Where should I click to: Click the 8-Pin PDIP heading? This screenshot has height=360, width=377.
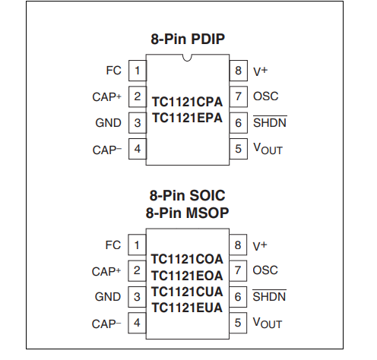[x=188, y=39]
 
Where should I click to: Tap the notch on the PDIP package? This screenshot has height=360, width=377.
[x=187, y=58]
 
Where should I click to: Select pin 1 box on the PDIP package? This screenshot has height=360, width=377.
[x=138, y=71]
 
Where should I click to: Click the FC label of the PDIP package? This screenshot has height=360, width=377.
[x=113, y=71]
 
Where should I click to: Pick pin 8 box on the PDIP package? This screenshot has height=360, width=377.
[x=239, y=71]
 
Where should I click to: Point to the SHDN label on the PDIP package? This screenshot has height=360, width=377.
[x=270, y=122]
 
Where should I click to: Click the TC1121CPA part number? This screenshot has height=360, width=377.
[x=187, y=102]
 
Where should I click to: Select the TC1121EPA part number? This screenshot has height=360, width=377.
[x=187, y=118]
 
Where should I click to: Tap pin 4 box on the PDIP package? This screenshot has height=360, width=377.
[x=138, y=149]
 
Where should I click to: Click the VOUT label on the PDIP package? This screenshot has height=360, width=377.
[x=268, y=149]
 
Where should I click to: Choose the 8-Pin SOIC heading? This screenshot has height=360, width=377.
[x=187, y=195]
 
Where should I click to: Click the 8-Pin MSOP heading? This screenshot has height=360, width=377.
[x=187, y=213]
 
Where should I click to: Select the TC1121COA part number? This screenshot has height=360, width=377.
[x=187, y=259]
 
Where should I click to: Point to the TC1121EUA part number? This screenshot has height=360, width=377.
[x=187, y=308]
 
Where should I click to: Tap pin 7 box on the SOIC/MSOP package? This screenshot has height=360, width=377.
[x=238, y=270]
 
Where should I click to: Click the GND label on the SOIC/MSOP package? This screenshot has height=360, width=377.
[x=108, y=297]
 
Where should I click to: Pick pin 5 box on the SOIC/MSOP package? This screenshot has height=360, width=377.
[x=238, y=323]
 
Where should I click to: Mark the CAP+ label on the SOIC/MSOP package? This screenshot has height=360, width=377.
[x=106, y=272]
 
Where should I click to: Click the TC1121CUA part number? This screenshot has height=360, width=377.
[x=187, y=292]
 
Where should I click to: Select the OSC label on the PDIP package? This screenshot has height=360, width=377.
[x=266, y=96]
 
